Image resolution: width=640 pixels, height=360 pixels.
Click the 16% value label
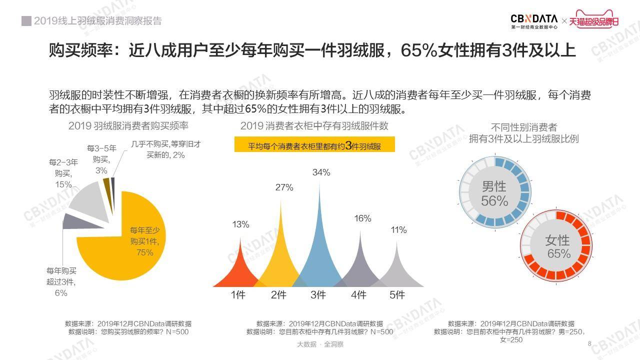click(x=362, y=218)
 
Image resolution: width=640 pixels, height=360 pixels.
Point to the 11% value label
click(x=398, y=230)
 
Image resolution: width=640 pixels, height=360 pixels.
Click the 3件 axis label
click(x=318, y=295)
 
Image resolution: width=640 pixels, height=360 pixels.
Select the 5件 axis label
click(x=397, y=295)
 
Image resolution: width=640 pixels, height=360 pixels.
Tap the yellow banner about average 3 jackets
click(x=314, y=145)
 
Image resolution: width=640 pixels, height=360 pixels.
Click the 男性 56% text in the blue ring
click(x=494, y=194)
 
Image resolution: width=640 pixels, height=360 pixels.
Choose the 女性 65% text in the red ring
click(x=558, y=247)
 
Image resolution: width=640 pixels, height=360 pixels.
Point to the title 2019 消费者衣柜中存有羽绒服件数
click(x=314, y=126)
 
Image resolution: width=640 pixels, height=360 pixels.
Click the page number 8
click(x=589, y=344)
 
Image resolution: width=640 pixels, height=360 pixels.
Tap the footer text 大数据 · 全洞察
click(x=320, y=344)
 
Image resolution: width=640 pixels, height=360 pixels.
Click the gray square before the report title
click(x=26, y=21)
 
